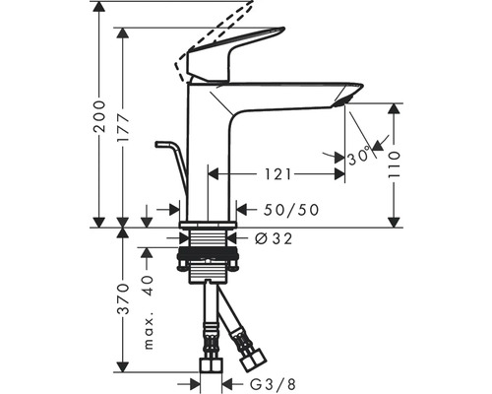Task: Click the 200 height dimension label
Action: pos(99,116)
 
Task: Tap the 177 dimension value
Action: pos(123,129)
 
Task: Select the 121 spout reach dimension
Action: pos(277,174)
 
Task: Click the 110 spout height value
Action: pos(394,164)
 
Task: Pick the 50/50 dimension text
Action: pos(291,210)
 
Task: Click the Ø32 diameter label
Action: pos(274,238)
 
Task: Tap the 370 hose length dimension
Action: pos(123,298)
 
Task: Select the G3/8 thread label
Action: pos(273,383)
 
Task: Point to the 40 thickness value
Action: pos(149,286)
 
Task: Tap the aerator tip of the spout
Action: pos(342,101)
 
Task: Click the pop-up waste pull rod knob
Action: pos(161,144)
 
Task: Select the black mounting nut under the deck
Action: pos(207,254)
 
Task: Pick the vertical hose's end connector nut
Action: pos(211,364)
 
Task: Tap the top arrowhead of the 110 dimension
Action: pos(394,109)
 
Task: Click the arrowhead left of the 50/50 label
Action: pos(175,209)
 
